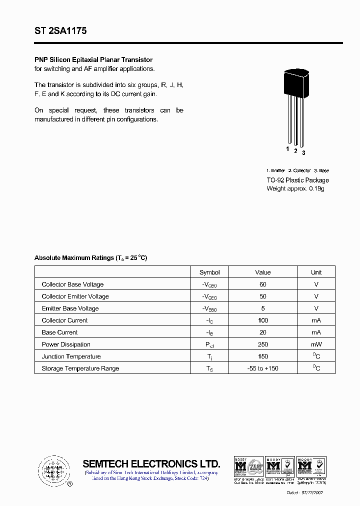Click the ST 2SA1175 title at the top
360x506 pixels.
60,31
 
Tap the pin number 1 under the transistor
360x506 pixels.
287,149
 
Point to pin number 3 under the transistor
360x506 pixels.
303,152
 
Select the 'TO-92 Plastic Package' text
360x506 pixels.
297,180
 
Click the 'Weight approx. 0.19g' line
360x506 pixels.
295,188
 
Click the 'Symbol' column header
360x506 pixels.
209,272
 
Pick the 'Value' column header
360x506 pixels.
262,272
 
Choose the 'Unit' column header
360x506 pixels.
316,272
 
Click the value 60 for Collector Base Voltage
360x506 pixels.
263,284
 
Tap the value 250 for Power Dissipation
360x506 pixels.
263,344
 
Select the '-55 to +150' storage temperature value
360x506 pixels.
263,368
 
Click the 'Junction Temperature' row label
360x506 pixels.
71,356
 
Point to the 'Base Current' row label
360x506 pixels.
59,332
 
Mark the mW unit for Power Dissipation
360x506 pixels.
316,344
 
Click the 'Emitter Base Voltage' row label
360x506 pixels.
70,308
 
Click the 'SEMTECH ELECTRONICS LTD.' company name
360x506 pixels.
151,463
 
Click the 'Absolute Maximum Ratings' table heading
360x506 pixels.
90,258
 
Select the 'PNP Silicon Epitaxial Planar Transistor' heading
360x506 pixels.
93,60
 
